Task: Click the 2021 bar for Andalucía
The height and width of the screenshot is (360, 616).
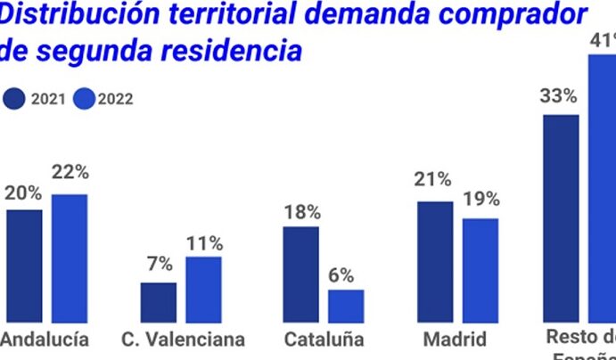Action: coord(24,265)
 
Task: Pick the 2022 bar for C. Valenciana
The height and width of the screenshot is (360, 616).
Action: coord(203,289)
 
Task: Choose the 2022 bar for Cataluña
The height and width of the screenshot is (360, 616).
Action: coord(346,305)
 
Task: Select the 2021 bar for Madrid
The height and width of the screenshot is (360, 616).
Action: coord(435,260)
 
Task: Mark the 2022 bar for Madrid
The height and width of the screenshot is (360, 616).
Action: coord(480,269)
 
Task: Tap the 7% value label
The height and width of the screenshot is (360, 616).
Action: coord(159,265)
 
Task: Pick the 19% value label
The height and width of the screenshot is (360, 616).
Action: coord(480,199)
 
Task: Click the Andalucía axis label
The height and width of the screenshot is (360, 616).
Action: coord(45,340)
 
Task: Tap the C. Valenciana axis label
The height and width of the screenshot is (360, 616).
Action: coord(183,340)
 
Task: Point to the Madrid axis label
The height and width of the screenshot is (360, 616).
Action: coord(455,340)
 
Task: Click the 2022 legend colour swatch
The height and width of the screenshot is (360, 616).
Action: coord(86,99)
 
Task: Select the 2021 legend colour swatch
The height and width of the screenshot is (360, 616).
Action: coord(15,99)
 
